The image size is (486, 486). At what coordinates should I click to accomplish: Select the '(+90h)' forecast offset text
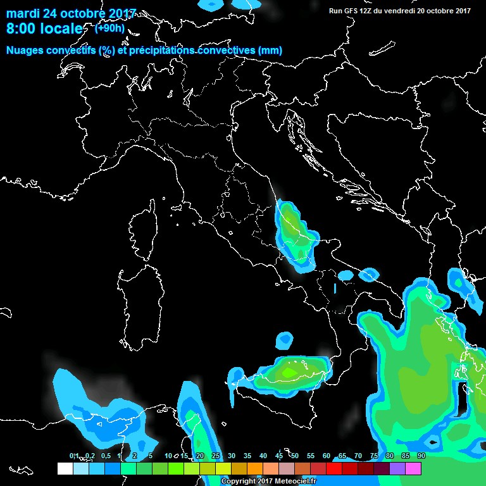click(x=110, y=28)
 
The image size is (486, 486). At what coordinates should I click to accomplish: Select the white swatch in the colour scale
click(x=65, y=468)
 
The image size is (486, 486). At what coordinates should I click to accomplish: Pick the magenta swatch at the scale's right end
click(x=413, y=468)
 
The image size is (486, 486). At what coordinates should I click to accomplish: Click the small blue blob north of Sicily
click(x=285, y=340)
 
